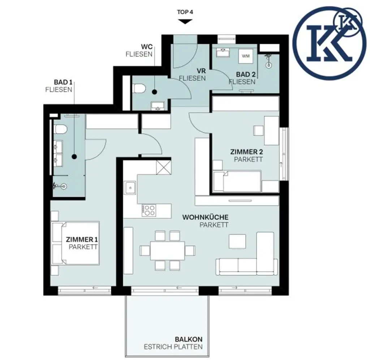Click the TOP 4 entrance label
pos(185,12)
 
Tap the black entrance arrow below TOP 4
pos(185,21)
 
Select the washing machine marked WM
pos(246,56)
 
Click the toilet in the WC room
pos(140,89)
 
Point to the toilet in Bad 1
pos(61,129)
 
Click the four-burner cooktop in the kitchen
pos(149,211)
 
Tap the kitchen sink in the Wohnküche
pos(130,188)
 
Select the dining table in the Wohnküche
pos(168,250)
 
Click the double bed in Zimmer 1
pos(75,243)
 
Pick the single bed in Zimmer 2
pos(237,181)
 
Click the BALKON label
pos(189,339)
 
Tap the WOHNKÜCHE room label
pos(205,217)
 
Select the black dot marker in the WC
pos(155,92)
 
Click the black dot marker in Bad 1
pos(74,157)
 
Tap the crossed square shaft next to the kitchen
pos(164,167)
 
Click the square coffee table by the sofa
pos(237,241)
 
